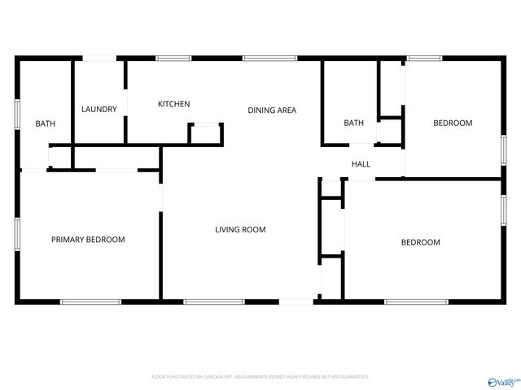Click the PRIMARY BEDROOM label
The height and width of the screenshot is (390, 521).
88,240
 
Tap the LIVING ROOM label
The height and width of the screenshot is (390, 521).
240,230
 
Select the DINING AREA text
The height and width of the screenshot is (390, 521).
272,110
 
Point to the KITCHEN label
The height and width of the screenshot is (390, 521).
173,104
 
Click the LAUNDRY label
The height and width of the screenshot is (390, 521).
99,110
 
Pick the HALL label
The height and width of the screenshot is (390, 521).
361,164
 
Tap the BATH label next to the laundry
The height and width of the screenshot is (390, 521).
45,123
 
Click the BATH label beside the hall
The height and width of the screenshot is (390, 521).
353,123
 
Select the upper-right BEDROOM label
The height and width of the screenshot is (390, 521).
453,123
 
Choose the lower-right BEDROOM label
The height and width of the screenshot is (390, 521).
420,242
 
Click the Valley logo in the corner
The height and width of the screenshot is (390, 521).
503,381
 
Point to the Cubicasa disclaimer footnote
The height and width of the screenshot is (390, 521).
260,377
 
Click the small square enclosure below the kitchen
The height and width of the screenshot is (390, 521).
206,133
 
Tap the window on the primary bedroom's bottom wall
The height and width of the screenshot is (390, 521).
90,302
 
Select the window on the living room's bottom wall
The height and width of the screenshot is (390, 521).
213,302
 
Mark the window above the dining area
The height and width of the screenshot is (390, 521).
269,58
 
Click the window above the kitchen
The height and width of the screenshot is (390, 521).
173,58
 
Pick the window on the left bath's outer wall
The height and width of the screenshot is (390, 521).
17,113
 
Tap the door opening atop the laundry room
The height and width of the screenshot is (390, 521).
100,58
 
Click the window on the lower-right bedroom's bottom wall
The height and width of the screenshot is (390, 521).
416,302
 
